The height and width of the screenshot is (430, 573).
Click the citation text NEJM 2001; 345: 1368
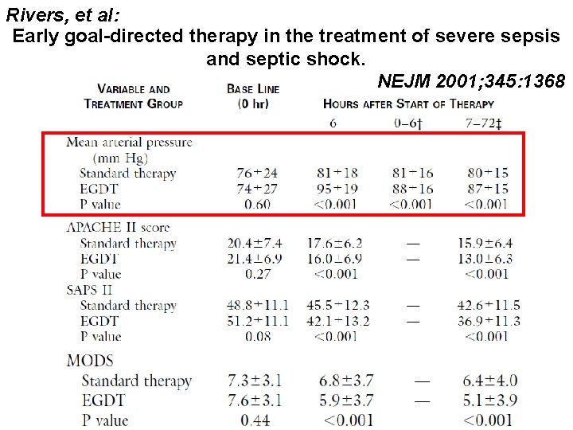[471, 81]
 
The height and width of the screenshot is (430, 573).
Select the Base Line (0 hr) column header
[253, 96]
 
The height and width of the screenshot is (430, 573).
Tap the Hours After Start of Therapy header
[408, 104]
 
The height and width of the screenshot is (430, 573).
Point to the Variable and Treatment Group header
[133, 96]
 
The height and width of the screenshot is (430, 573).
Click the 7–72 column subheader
[485, 123]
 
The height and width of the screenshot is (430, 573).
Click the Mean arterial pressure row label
[129, 143]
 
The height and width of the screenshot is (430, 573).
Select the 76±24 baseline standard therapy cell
[257, 173]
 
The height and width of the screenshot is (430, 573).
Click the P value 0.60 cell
[257, 205]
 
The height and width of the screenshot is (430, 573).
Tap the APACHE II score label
[118, 228]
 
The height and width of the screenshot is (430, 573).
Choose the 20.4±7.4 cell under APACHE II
[257, 244]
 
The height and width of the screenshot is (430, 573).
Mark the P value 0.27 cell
[257, 274]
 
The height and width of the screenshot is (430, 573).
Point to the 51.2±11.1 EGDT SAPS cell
[257, 321]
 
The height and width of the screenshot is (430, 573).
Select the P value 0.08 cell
[257, 336]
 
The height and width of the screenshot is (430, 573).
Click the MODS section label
[90, 361]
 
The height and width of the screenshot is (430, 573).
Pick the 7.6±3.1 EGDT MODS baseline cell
[257, 401]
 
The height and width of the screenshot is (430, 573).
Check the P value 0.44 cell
[257, 420]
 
